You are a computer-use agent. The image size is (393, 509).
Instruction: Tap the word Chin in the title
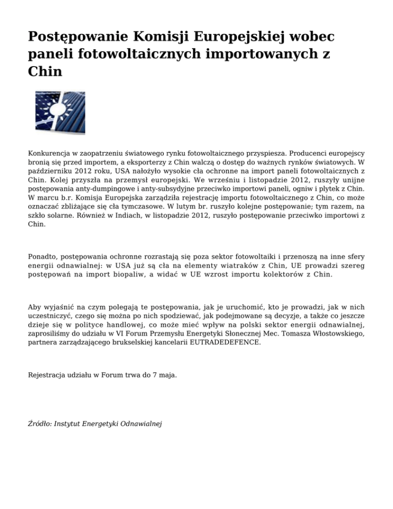(45, 71)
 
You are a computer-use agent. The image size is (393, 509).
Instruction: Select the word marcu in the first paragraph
(50, 197)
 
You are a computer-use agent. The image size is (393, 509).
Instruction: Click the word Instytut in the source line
(69, 425)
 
